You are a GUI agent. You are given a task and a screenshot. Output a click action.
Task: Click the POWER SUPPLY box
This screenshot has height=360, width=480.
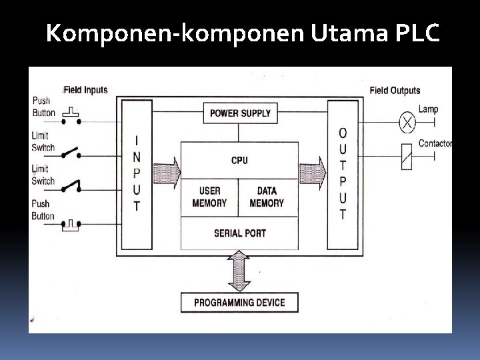pos(240,113)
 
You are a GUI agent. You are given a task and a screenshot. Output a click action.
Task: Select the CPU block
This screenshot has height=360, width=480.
pos(239,160)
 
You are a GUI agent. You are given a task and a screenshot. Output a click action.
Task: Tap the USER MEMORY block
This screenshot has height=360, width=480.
pos(209,197)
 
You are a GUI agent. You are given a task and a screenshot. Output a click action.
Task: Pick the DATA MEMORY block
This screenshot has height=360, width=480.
pos(267,197)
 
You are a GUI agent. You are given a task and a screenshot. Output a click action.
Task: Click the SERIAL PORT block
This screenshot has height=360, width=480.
pos(239,233)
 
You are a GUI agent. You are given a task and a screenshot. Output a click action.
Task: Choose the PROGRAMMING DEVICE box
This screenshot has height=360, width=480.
pos(239,302)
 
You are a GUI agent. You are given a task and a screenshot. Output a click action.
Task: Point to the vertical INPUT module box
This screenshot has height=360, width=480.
pos(137,173)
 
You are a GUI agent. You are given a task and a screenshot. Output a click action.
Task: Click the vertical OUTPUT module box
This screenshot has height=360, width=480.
pos(343,173)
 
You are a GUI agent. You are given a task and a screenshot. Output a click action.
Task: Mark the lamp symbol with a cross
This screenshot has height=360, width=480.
pos(407,122)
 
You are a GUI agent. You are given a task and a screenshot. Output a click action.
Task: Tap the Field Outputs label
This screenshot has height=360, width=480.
pos(395,90)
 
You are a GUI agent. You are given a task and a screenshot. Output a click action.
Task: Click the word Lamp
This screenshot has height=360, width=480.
pos(428,109)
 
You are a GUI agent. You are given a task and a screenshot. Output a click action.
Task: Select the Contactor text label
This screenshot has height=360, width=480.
pos(435,143)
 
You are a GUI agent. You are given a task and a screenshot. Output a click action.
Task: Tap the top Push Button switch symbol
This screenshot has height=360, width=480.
pos(71,117)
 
